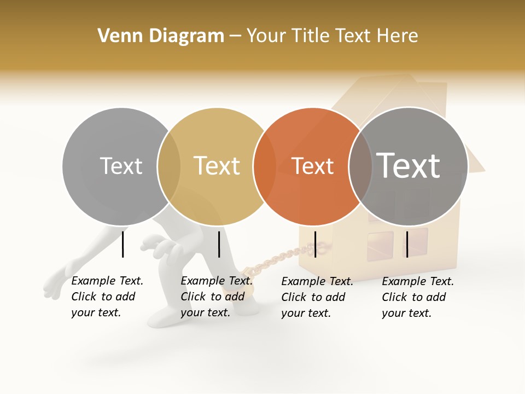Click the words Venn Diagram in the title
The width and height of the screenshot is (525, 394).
[161, 36]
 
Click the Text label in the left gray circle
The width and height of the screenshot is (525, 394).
[121, 166]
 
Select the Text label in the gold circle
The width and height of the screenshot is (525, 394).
[217, 166]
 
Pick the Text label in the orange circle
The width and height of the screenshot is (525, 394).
[312, 166]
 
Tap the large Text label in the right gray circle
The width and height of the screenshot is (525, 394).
[408, 166]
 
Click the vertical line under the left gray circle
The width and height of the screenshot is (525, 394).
[123, 244]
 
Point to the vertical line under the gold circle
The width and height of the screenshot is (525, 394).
[219, 244]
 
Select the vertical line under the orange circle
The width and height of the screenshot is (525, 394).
[315, 244]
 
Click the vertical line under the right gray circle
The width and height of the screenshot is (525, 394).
[407, 244]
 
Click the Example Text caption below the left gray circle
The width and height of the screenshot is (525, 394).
[107, 297]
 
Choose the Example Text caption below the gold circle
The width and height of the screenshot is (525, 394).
[216, 297]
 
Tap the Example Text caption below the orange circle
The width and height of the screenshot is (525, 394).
[317, 297]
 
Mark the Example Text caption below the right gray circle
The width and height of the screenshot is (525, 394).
[417, 297]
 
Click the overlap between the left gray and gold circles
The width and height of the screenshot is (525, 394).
[169, 166]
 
